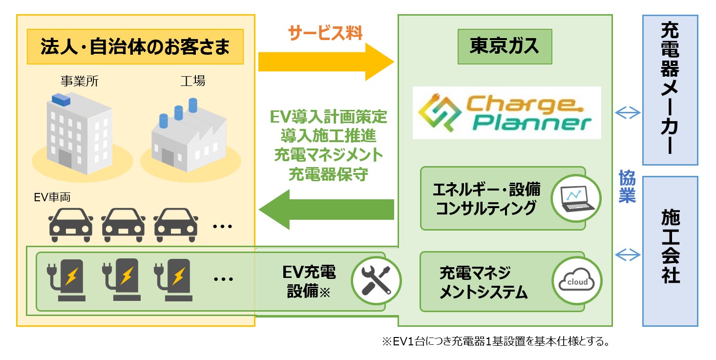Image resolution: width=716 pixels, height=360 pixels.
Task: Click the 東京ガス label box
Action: (505, 46)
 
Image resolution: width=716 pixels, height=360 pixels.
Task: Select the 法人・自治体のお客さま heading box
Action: (135, 47)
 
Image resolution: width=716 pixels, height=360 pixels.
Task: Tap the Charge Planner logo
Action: (506, 113)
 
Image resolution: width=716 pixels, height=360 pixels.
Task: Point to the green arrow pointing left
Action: (325, 210)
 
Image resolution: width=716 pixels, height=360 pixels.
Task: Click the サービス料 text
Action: (325, 33)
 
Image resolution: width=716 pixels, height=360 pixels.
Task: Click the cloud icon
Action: (577, 282)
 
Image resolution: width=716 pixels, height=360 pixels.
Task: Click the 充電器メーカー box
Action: (670, 90)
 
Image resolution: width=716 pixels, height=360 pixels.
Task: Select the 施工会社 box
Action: (670, 251)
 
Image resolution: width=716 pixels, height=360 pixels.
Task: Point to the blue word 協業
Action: (627, 186)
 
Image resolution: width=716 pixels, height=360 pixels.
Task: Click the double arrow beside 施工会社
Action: (627, 254)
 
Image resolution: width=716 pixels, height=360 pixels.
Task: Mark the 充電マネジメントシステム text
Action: (483, 282)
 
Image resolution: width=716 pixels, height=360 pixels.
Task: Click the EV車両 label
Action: (52, 198)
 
